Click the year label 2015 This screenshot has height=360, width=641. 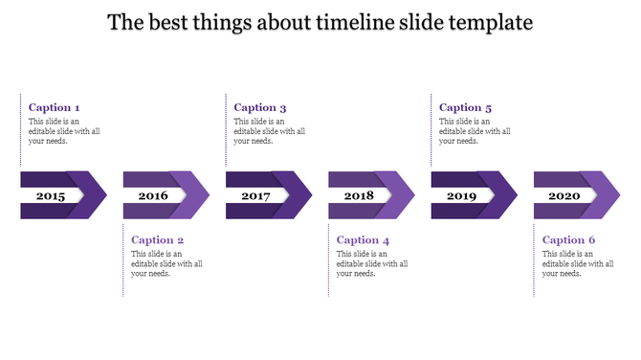coord(51,196)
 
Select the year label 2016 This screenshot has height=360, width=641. coord(153,196)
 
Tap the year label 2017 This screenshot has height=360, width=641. coord(255,196)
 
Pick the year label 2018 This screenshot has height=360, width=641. coord(359,196)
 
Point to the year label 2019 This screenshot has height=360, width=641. coord(461,196)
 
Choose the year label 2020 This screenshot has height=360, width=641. coord(564,196)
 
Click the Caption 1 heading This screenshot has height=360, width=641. coord(55,108)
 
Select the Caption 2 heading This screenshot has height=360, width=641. coord(158,240)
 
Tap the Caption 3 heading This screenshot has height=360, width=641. coord(260,108)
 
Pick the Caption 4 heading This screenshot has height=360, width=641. coord(364,240)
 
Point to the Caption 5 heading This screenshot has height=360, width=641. coord(466,108)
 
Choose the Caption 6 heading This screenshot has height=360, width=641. coord(569,240)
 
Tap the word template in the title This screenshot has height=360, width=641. coord(483,22)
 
